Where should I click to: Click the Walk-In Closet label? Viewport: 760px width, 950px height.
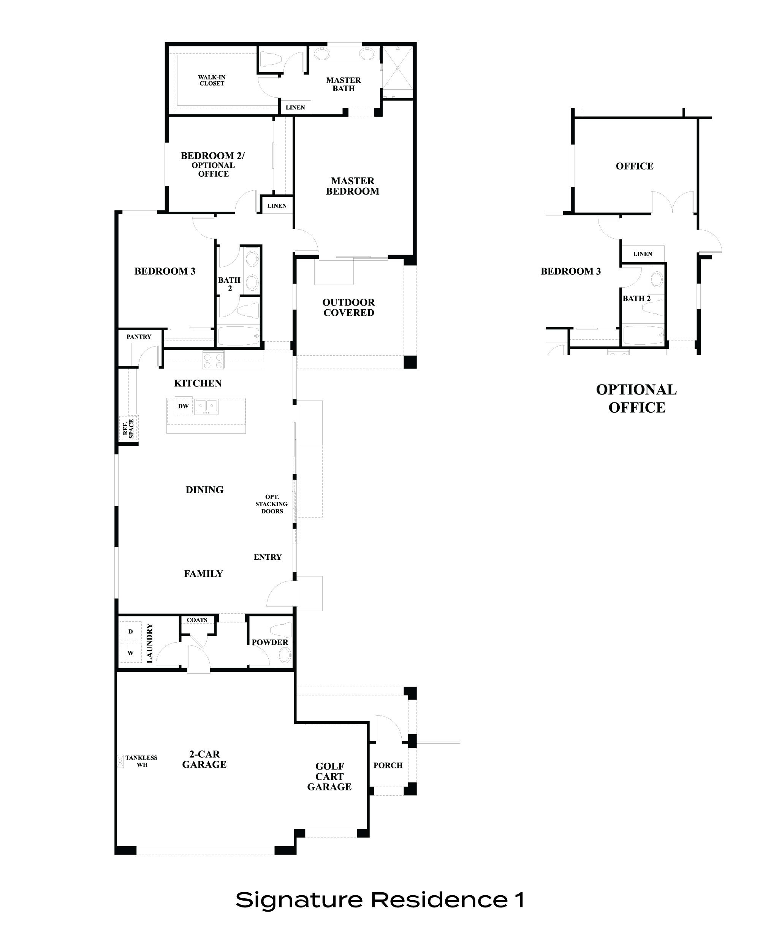(212, 81)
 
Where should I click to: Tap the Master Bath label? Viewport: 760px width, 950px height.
(343, 84)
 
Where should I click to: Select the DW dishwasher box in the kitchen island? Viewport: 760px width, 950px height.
(183, 406)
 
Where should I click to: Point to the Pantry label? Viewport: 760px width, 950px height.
(139, 337)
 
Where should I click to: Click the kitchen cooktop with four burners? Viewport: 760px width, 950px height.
(213, 360)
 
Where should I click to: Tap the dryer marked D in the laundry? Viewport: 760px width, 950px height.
(130, 632)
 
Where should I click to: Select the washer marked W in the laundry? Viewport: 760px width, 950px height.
(130, 653)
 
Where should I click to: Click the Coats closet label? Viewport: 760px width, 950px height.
(197, 620)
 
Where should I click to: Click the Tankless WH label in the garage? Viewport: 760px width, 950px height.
(141, 761)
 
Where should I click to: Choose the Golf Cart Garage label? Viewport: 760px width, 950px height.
(329, 776)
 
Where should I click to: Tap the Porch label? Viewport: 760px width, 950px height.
(388, 765)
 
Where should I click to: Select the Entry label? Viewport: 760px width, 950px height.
(268, 557)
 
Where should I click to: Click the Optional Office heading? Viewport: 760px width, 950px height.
(636, 398)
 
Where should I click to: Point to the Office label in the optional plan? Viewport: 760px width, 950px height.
(635, 166)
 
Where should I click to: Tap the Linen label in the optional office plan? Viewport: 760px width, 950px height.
(642, 254)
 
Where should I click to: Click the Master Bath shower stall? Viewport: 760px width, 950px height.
(397, 68)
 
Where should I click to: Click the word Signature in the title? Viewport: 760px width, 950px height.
(299, 900)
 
